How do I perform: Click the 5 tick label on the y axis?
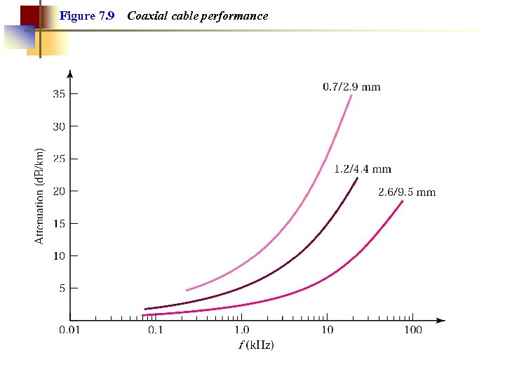pyautogui.click(x=62, y=288)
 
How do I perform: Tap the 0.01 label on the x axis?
pyautogui.click(x=69, y=330)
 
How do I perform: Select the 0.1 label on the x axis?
pyautogui.click(x=154, y=330)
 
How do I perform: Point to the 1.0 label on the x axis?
pyautogui.click(x=241, y=330)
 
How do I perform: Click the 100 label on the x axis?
pyautogui.click(x=412, y=330)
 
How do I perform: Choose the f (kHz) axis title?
pyautogui.click(x=257, y=345)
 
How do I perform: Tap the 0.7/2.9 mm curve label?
pyautogui.click(x=351, y=87)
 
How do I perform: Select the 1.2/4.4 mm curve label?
pyautogui.click(x=363, y=169)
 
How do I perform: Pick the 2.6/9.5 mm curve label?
pyautogui.click(x=407, y=192)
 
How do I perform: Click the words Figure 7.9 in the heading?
pyautogui.click(x=87, y=15)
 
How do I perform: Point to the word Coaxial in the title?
pyautogui.click(x=145, y=15)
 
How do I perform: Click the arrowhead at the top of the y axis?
pyautogui.click(x=69, y=73)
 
